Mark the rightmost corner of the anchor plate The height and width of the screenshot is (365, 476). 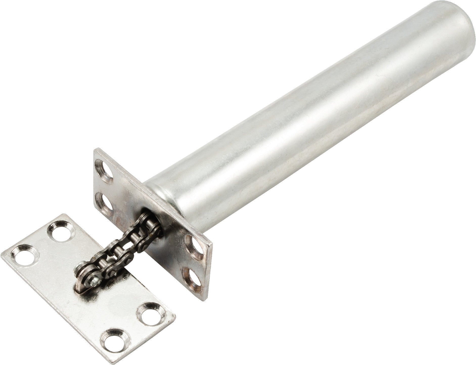click(x=175, y=316)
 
